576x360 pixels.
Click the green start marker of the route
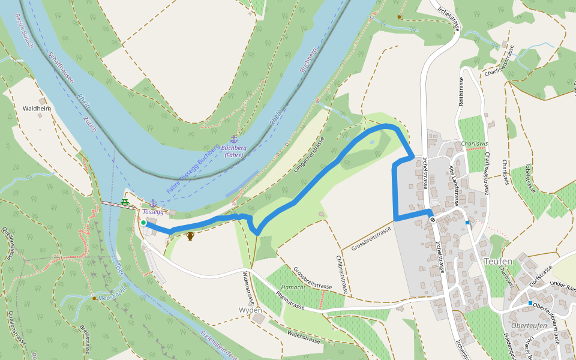pyautogui.click(x=143, y=223)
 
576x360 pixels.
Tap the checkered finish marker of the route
pyautogui.click(x=432, y=220)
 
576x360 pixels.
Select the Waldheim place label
pyautogui.click(x=35, y=109)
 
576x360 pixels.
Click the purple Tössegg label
pyautogui.click(x=153, y=212)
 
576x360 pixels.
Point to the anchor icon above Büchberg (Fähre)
pyautogui.click(x=234, y=139)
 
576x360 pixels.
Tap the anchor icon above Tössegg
pyautogui.click(x=153, y=203)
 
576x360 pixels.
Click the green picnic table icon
pyautogui.click(x=125, y=202)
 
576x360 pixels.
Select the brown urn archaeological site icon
pyautogui.click(x=190, y=236)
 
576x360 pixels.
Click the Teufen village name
pyautogui.click(x=498, y=262)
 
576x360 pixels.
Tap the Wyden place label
pyautogui.click(x=250, y=310)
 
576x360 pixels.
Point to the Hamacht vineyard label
pyautogui.click(x=293, y=287)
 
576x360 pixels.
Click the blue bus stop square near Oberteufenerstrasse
pyautogui.click(x=530, y=304)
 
